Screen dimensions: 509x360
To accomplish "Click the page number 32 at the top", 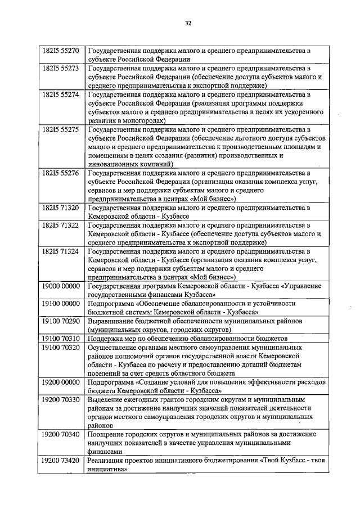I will tap(188, 23).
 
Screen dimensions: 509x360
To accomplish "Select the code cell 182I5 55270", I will tap(61, 51).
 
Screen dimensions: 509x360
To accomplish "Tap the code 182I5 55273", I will tap(61, 68).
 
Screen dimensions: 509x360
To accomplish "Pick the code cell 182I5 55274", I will tap(61, 94).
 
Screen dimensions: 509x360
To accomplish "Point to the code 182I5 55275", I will tap(61, 129).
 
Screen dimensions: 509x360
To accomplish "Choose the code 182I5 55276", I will tap(61, 173).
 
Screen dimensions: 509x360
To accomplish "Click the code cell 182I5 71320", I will tap(61, 208).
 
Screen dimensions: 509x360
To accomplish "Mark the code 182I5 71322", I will tap(61, 225).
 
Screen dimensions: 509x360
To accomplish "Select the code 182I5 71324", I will tap(61, 251).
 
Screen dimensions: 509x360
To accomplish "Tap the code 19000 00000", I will tap(61, 286).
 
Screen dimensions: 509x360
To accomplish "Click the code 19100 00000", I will tap(61, 304).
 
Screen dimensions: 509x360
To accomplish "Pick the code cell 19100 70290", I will tap(61, 321).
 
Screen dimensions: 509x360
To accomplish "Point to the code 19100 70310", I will tap(61, 339).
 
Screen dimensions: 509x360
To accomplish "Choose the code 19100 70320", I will tap(61, 348).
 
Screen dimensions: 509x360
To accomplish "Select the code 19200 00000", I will tap(61, 382).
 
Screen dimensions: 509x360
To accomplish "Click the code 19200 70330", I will tap(61, 400).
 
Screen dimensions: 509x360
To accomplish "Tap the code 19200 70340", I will tap(61, 435).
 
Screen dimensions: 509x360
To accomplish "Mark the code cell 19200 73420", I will tap(61, 461).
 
